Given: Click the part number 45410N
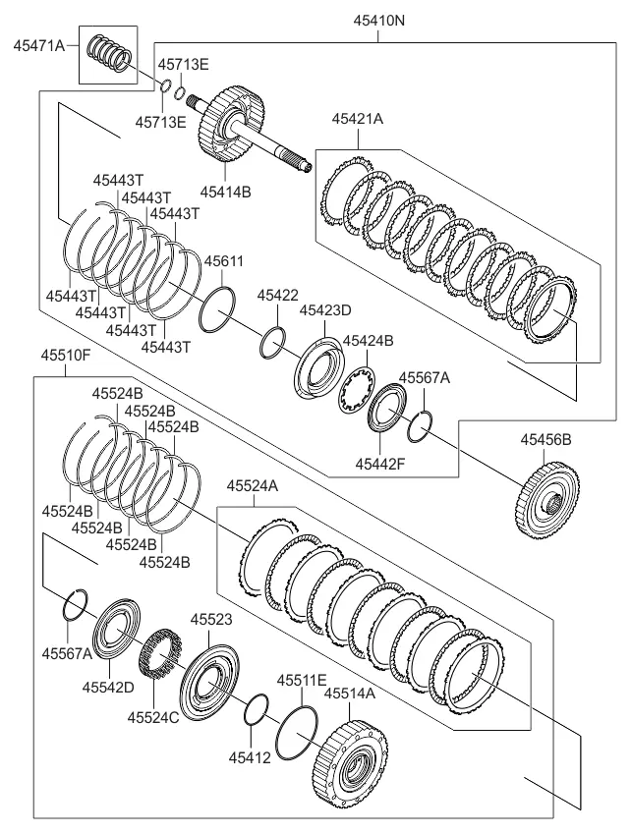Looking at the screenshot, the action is pos(379,21).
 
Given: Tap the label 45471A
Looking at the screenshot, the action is pos(39,46).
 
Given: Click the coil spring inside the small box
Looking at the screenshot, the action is pos(108,53).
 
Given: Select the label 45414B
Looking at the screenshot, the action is pos(225,192).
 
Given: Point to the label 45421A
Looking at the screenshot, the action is pos(358,119).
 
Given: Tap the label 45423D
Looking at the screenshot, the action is pos(325,310).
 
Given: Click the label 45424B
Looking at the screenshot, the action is pos(368,341).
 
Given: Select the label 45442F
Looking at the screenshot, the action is pos(380,464).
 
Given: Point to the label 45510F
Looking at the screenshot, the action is pos(66,356).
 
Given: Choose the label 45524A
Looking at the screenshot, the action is pos(253,485).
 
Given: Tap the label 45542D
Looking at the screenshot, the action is pos(108,687).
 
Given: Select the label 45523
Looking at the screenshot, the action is pos(211,619).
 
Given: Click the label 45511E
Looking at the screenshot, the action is pos(302,680).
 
